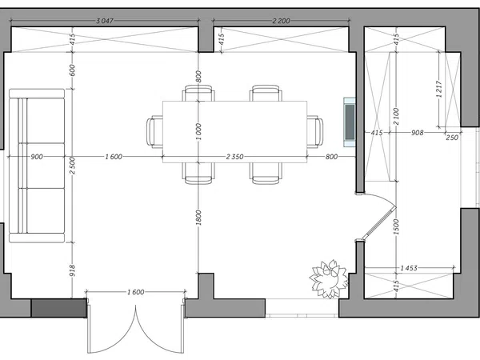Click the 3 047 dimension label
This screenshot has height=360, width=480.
coord(105,21)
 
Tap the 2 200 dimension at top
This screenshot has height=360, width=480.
coord(281,21)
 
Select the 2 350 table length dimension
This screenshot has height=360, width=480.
coord(234,157)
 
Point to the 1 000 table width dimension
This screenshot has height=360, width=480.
coord(198,132)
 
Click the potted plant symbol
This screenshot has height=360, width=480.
coord(329,279)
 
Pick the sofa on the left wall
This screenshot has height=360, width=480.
coord(37,166)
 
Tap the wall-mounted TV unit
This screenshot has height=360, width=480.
coord(350,122)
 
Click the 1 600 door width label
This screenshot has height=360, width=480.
coord(136,292)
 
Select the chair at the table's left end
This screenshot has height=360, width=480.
coord(154,132)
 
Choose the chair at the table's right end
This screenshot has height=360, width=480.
coord(315,132)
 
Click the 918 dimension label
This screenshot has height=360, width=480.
coord(72,270)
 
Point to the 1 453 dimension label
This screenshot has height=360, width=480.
coord(409,268)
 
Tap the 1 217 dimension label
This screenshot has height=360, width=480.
coord(439,89)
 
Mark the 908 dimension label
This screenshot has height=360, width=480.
coord(418,133)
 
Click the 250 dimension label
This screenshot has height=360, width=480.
coord(452,138)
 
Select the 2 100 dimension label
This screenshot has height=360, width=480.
coord(397,116)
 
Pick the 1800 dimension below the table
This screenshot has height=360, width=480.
coord(198,218)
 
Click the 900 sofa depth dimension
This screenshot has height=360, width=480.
coord(37,157)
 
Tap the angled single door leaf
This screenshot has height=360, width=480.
coord(378,222)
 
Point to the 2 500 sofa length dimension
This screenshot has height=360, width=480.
coord(72,166)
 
